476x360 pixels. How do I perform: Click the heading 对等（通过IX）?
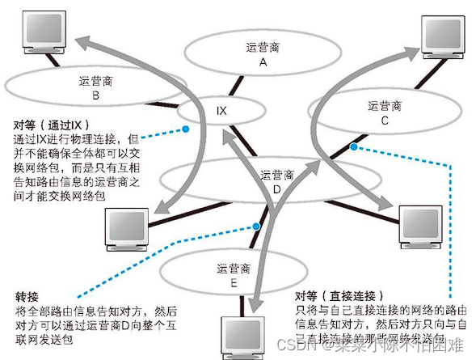(49, 126)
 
